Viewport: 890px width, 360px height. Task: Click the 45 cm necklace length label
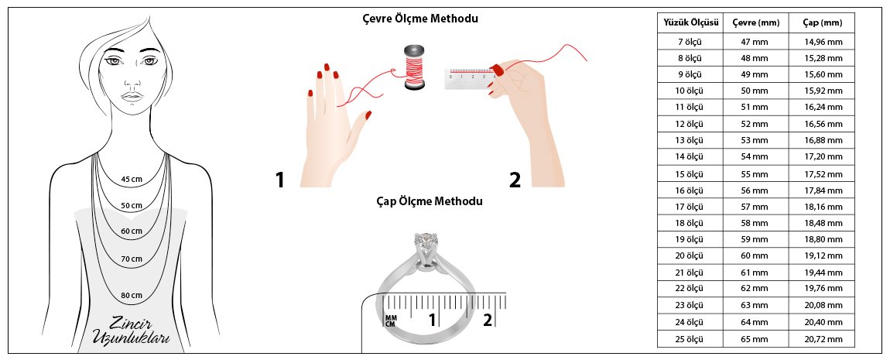pos(132,180)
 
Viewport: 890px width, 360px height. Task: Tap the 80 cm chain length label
pos(132,295)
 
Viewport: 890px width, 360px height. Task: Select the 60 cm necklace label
pos(132,231)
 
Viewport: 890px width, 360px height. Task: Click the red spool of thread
pos(413,67)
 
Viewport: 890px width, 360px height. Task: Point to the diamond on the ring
pos(423,242)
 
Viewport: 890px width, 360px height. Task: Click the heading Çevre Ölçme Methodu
pos(420,19)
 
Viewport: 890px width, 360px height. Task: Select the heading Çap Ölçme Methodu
pos(429,201)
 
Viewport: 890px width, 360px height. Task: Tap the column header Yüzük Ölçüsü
pos(691,23)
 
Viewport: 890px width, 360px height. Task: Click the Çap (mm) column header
pos(823,23)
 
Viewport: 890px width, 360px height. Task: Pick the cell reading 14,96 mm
pos(823,42)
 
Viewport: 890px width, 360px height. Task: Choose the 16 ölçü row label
pos(690,190)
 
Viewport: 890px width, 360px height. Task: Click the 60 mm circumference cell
pos(755,256)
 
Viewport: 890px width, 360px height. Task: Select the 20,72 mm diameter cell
pos(823,340)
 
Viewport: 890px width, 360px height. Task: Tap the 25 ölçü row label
pos(690,340)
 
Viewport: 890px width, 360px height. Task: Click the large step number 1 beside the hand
pos(279,180)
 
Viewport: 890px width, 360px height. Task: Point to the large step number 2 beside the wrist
pos(515,180)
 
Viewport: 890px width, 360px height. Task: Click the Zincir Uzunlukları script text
pos(132,331)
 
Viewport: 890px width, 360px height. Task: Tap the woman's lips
pos(132,96)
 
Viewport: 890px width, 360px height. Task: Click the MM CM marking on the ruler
pos(391,321)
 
